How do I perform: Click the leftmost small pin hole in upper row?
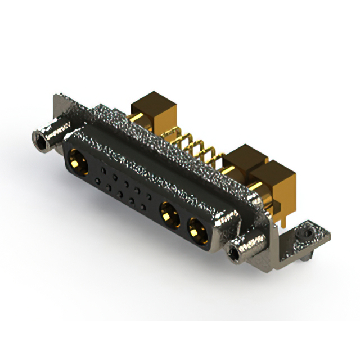102,169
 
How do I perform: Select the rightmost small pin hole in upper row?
148,196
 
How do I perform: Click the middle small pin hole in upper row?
125,183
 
